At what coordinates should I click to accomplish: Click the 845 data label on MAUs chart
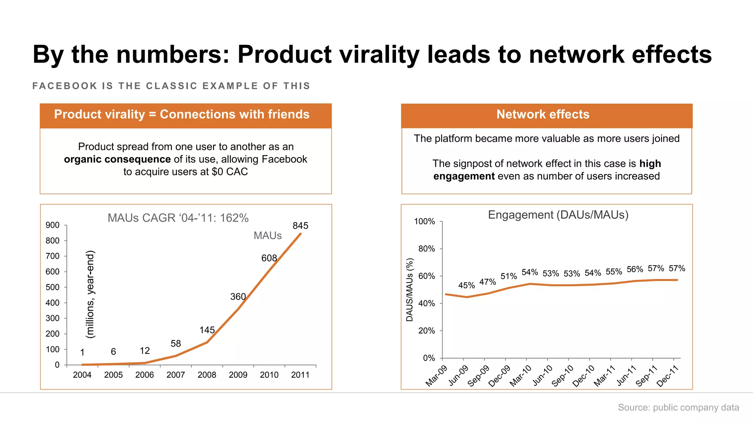click(x=300, y=226)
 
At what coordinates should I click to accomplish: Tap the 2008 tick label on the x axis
click(x=207, y=375)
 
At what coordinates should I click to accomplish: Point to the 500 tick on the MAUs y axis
click(x=52, y=287)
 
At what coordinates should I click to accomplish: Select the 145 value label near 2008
click(x=207, y=330)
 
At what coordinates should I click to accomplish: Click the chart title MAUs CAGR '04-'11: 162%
click(x=178, y=218)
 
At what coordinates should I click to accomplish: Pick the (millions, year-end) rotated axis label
click(x=90, y=294)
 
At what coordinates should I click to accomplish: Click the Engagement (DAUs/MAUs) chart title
click(x=558, y=215)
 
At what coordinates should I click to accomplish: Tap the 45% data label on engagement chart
click(x=466, y=285)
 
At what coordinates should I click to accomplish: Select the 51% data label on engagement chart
click(x=508, y=276)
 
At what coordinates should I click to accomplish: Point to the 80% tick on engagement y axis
click(x=427, y=249)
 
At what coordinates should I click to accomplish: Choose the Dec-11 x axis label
click(x=667, y=376)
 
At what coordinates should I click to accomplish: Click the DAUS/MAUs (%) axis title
click(x=410, y=290)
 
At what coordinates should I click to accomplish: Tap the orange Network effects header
click(x=543, y=115)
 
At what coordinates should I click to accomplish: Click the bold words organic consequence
click(x=117, y=159)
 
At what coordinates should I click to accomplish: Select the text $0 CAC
click(x=230, y=172)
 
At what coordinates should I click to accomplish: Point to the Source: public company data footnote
click(x=678, y=408)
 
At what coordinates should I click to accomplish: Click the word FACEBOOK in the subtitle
click(x=65, y=86)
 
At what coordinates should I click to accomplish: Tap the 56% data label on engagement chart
click(x=635, y=269)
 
